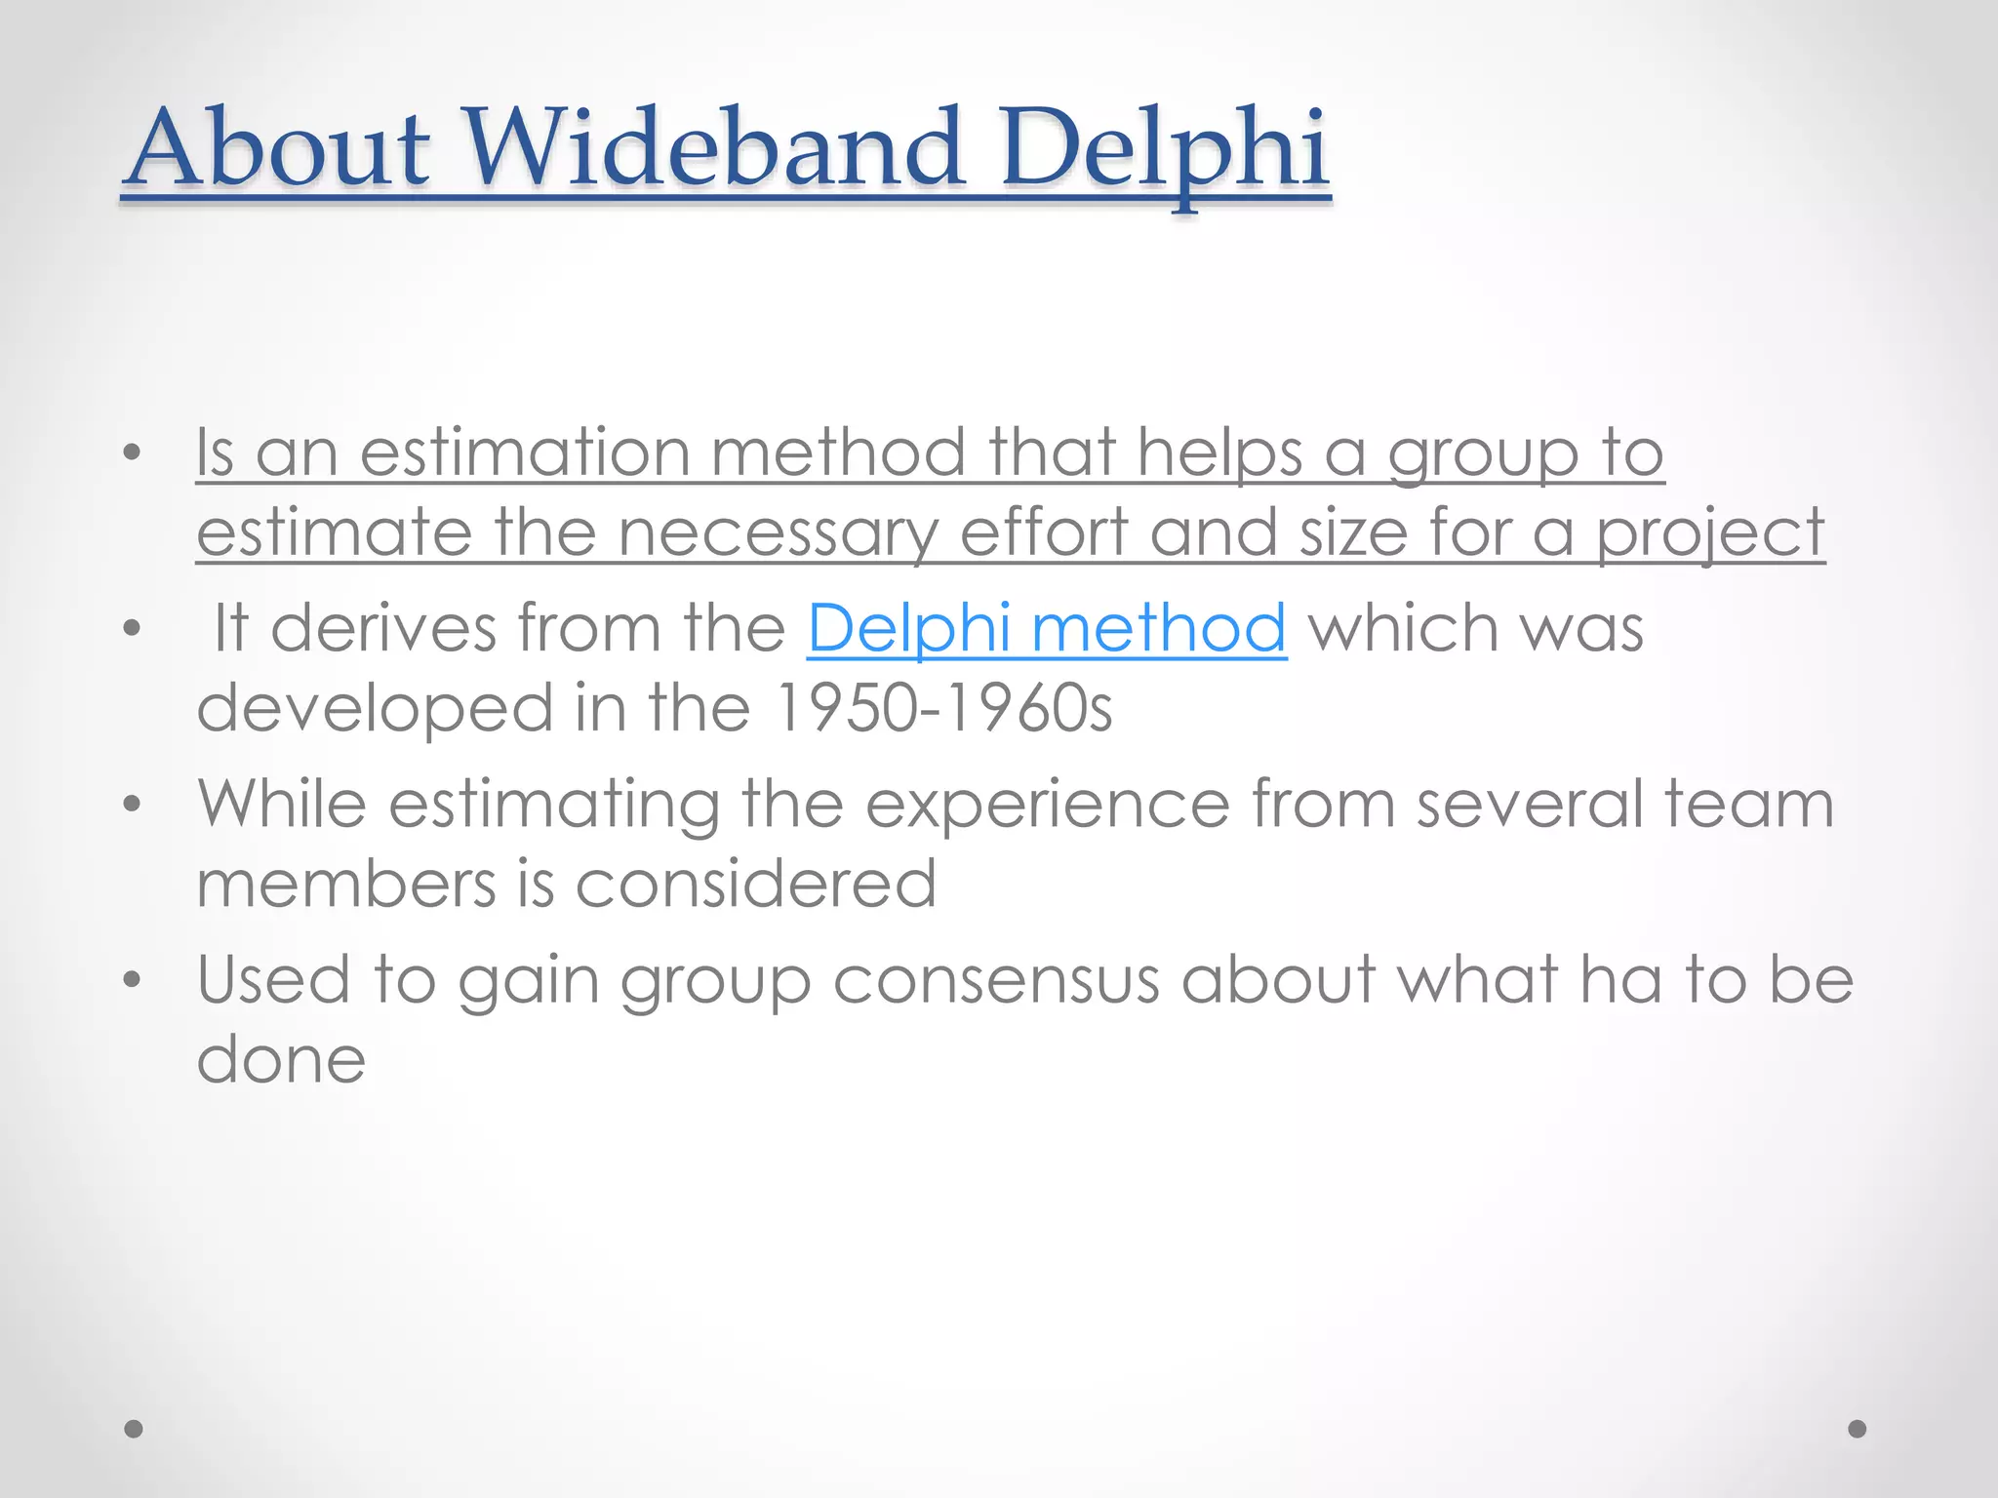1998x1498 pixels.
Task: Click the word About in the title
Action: click(279, 148)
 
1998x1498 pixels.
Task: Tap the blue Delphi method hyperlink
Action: click(1046, 628)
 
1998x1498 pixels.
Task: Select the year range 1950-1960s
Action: click(942, 708)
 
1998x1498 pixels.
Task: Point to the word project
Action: click(1709, 534)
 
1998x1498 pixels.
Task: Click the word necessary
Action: click(777, 534)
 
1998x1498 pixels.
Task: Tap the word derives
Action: click(383, 628)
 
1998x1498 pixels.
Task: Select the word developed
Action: click(375, 710)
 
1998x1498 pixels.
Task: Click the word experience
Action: click(1047, 806)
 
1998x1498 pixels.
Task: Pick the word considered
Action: click(755, 884)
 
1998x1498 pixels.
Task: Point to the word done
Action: click(281, 1060)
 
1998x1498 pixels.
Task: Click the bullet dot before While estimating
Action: click(133, 806)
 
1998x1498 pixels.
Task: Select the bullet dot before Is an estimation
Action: click(133, 453)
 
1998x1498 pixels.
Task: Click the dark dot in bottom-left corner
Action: click(134, 1429)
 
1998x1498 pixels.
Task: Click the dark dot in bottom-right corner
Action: click(1858, 1429)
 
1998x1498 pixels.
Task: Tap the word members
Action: click(345, 884)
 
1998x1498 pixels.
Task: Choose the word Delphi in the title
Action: click(1163, 148)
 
